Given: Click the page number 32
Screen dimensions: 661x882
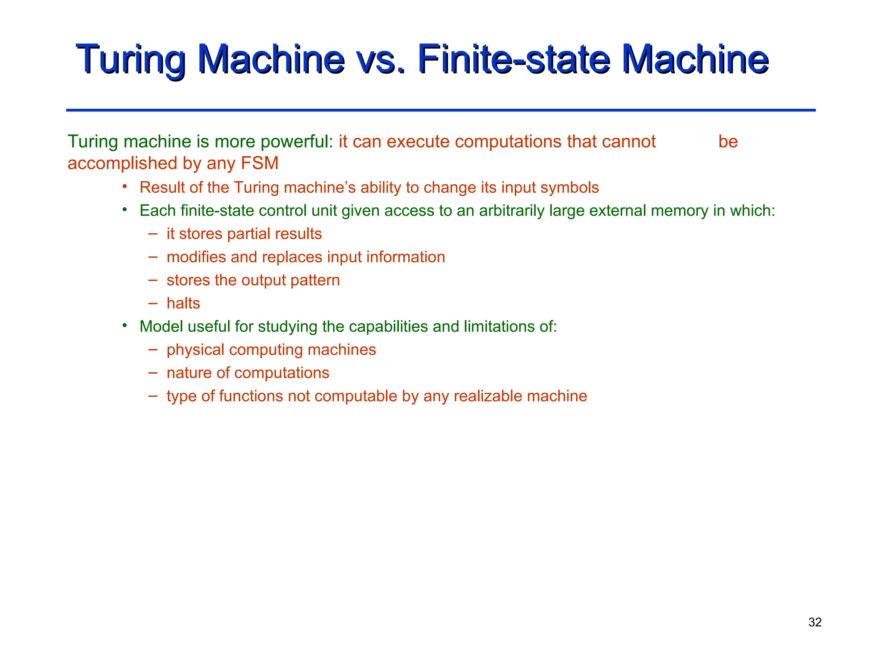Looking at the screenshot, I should click(x=815, y=622).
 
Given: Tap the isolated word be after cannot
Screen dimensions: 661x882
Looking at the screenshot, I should click(x=728, y=142).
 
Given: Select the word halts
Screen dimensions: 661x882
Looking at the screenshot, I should click(x=183, y=303).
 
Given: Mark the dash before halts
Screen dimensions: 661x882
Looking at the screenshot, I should click(x=152, y=303).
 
